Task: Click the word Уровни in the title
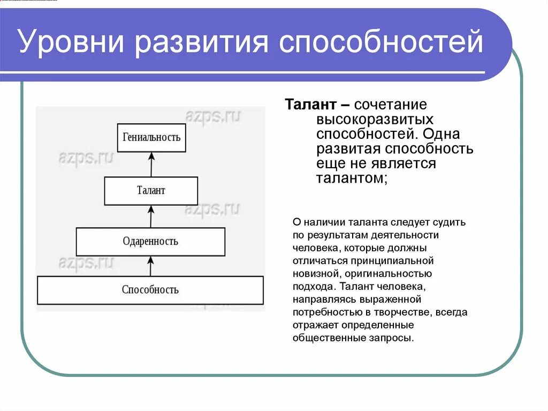70,43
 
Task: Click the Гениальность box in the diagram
151,137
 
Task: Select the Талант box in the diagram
151,190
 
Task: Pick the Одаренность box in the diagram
150,241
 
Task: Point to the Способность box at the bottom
150,290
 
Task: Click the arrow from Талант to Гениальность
151,164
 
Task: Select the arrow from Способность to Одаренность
150,266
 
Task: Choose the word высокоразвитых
375,119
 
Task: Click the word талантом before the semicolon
349,178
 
